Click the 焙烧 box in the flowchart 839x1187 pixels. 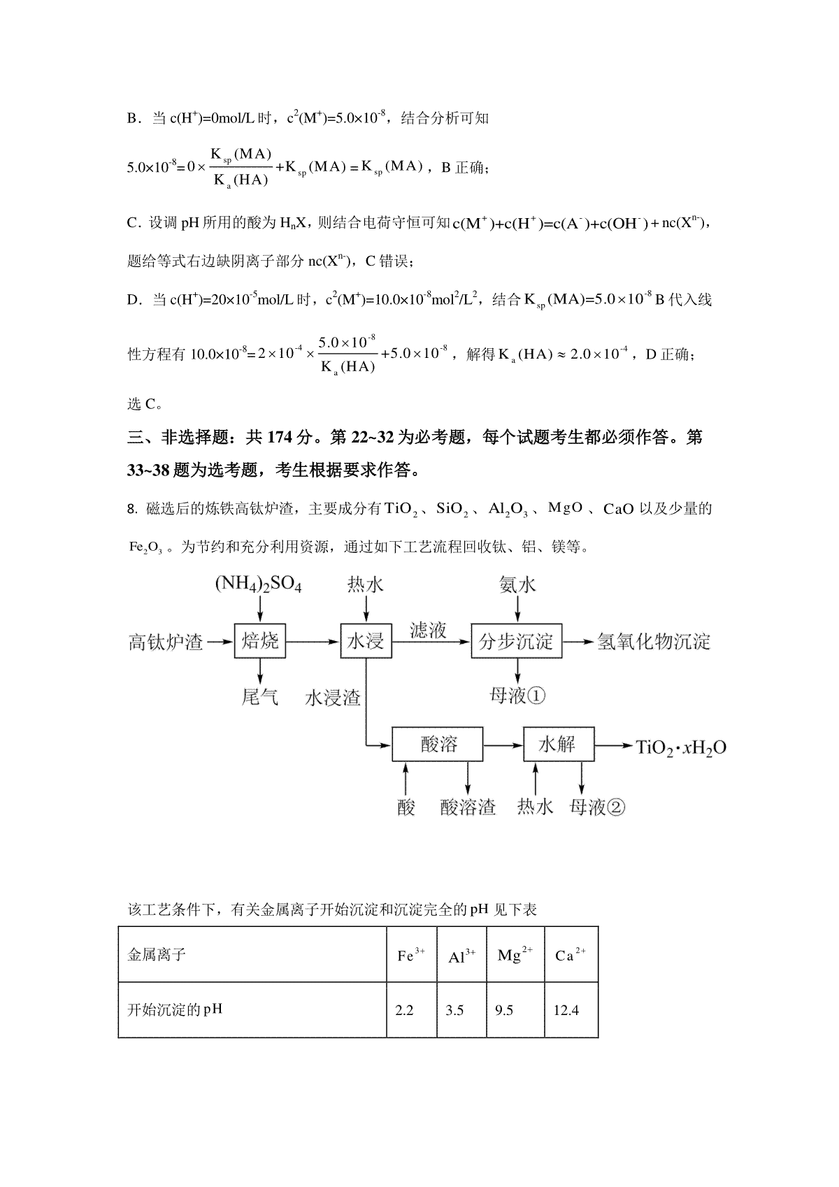tap(260, 640)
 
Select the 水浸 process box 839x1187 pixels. tap(366, 640)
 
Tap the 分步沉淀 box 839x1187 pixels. tap(516, 640)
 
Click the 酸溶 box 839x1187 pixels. tap(438, 744)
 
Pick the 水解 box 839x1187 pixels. tap(558, 744)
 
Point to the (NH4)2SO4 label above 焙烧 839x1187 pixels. tap(258, 584)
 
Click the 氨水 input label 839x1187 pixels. tap(517, 584)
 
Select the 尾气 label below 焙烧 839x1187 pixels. tap(259, 696)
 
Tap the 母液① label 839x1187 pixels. tap(517, 696)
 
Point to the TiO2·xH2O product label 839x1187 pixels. tap(680, 747)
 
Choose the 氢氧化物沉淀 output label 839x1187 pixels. tap(653, 641)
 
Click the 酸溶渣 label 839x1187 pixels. tap(468, 807)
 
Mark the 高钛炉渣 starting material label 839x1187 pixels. tap(166, 641)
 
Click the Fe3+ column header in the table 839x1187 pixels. tap(411, 955)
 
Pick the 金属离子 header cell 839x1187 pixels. tap(157, 955)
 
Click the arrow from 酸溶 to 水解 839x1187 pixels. tap(503, 745)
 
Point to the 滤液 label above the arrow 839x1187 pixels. tap(428, 630)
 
